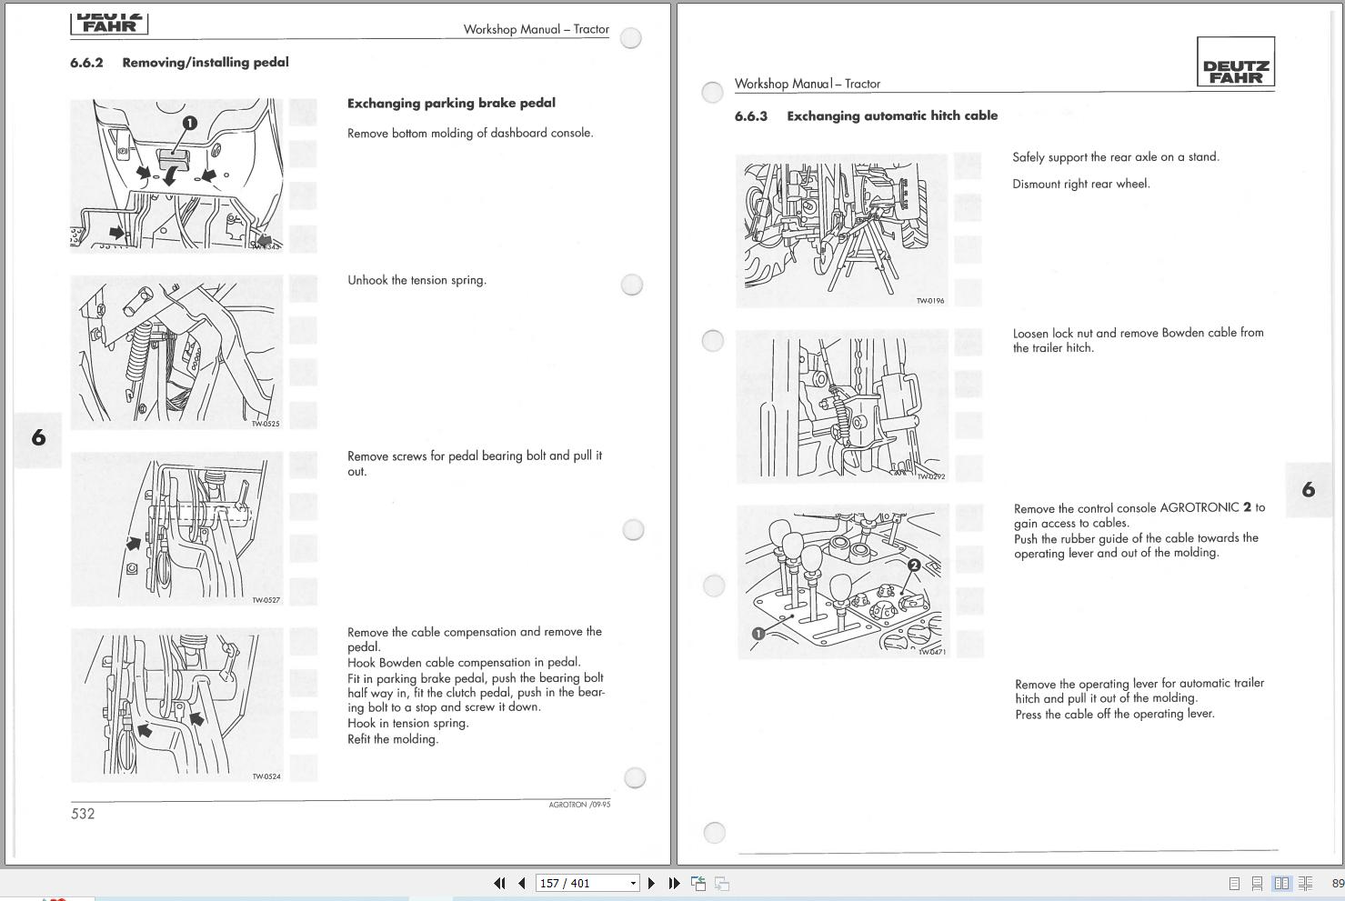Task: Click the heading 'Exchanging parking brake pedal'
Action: click(451, 103)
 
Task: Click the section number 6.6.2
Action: click(86, 63)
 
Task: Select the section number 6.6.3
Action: click(751, 116)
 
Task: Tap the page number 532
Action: click(83, 814)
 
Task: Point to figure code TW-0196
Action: click(929, 301)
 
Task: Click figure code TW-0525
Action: click(266, 424)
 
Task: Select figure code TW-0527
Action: click(266, 600)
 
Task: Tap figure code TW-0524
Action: click(266, 776)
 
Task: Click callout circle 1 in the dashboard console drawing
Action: click(189, 123)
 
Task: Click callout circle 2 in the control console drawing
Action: click(914, 566)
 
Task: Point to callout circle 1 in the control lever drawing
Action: click(758, 634)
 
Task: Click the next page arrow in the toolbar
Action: click(651, 883)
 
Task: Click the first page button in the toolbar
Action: click(498, 883)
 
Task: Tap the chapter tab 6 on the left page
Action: click(38, 438)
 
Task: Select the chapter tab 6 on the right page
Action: click(1309, 490)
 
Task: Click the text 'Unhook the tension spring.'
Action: click(417, 280)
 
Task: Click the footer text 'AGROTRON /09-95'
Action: click(579, 805)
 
